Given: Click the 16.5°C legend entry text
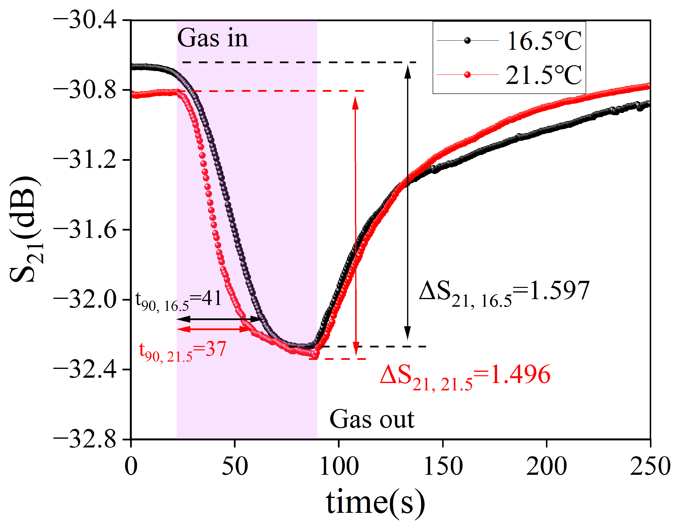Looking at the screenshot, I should [544, 41].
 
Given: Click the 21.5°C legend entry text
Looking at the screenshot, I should [544, 75].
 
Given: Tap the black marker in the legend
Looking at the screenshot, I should [467, 41].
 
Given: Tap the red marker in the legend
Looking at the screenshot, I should [467, 75].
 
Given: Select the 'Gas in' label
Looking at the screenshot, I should [213, 38].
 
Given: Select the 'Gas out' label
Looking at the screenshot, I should [372, 420].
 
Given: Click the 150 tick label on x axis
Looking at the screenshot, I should [443, 466].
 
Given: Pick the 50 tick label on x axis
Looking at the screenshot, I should [235, 466].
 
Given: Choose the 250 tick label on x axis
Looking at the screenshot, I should [650, 466].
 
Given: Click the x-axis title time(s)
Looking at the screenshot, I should [375, 503].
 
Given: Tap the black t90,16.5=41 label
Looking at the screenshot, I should [179, 300].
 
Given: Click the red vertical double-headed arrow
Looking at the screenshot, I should [355, 227].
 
